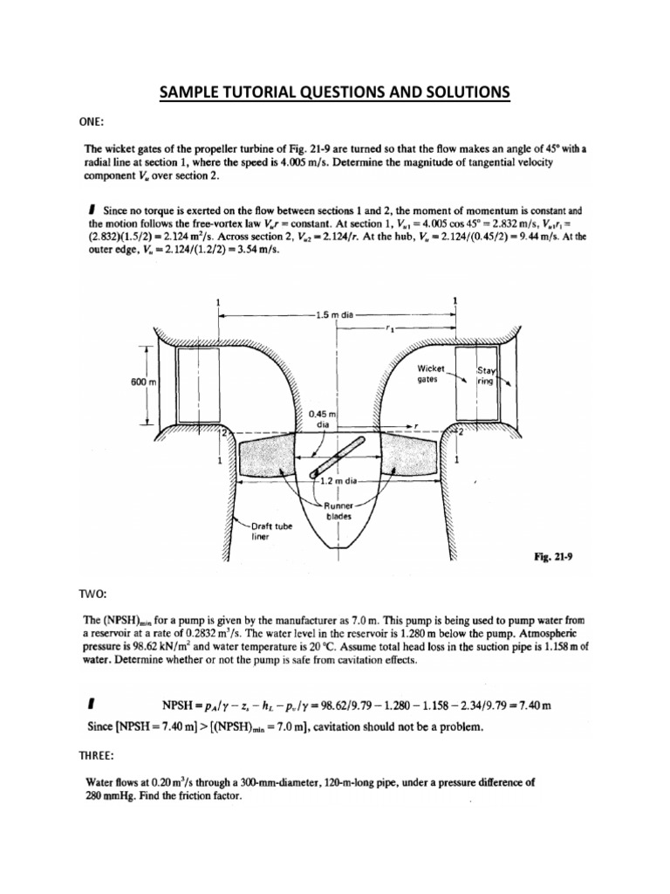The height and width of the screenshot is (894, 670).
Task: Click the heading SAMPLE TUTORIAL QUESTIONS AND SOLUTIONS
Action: point(335,93)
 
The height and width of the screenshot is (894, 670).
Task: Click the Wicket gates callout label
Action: point(432,375)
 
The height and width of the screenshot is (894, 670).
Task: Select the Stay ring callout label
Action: point(487,375)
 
